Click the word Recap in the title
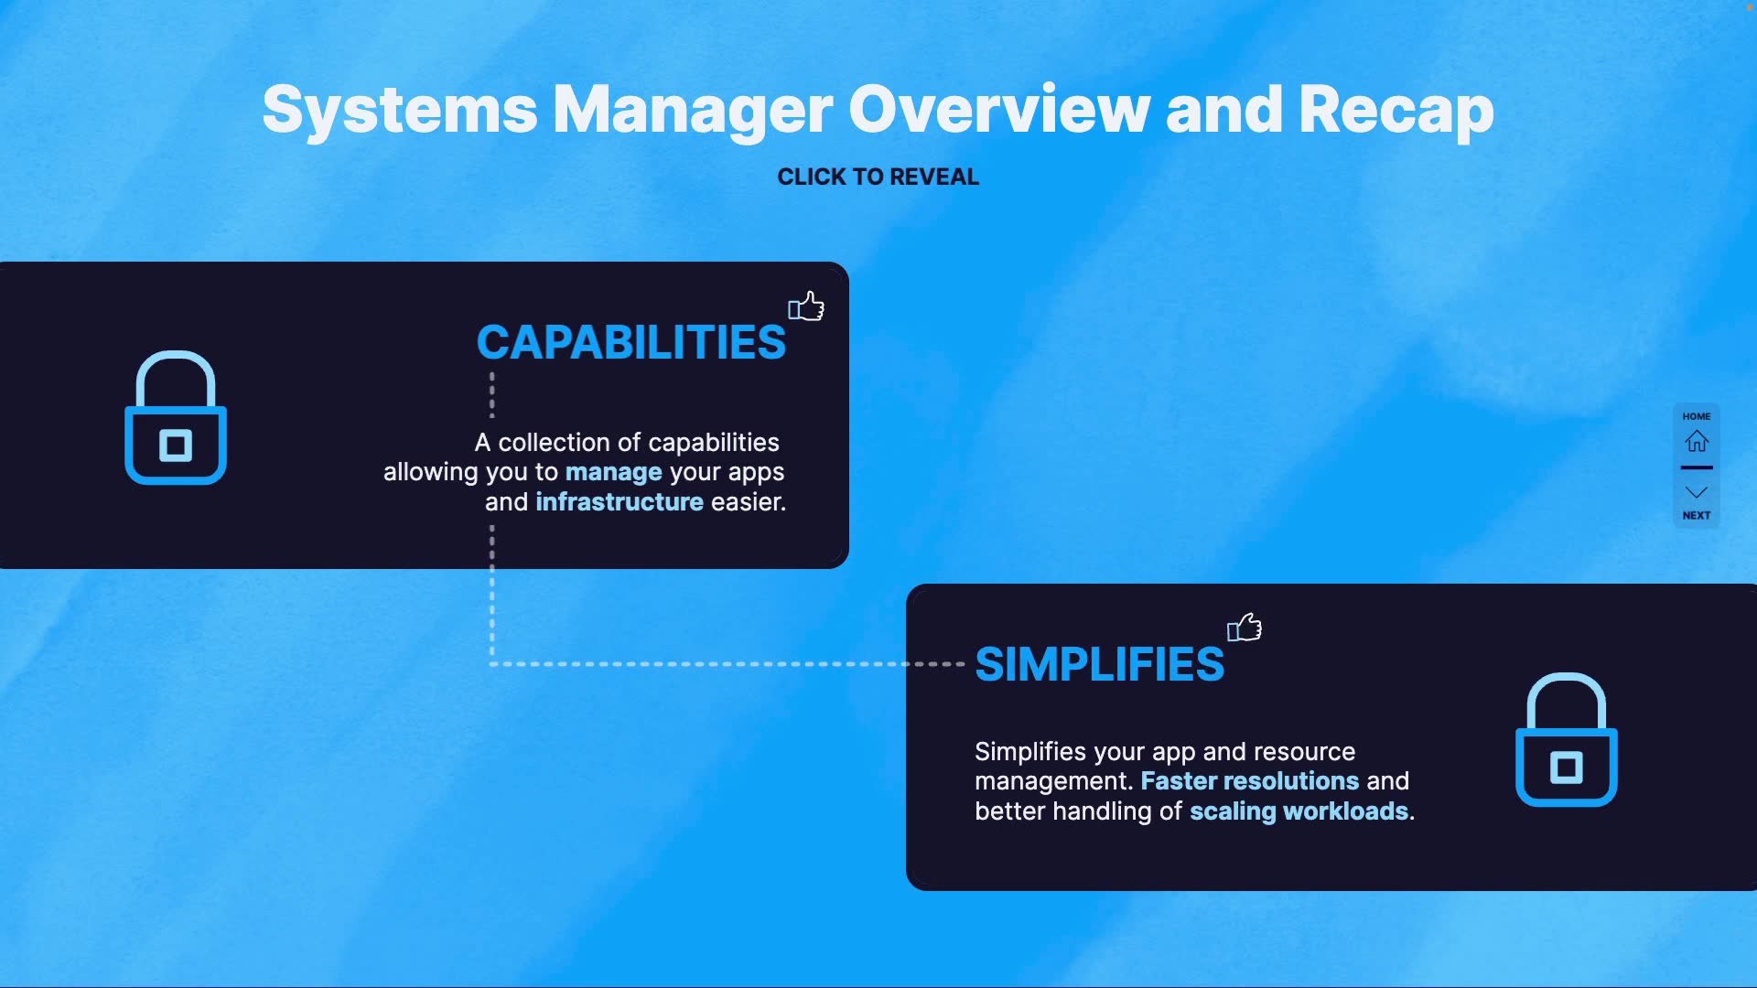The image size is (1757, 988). click(1396, 111)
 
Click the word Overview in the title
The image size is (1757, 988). click(998, 111)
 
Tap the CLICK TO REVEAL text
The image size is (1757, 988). click(878, 177)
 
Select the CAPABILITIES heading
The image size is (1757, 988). click(631, 342)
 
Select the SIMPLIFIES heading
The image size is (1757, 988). click(1099, 664)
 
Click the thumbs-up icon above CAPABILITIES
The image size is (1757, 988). click(806, 306)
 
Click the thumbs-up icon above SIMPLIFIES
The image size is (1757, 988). click(1245, 628)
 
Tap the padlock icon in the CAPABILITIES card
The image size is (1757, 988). click(176, 418)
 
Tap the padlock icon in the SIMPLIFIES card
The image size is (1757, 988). click(1566, 740)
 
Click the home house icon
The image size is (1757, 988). click(1697, 442)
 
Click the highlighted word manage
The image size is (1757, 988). click(613, 472)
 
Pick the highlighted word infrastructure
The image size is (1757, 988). click(620, 502)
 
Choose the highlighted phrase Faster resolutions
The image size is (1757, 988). click(1249, 781)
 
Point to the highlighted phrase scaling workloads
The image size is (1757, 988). click(1299, 811)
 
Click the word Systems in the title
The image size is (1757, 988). click(400, 111)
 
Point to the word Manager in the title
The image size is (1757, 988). click(693, 111)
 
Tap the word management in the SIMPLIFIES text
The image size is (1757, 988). click(1051, 781)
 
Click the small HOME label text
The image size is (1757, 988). click(1697, 416)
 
